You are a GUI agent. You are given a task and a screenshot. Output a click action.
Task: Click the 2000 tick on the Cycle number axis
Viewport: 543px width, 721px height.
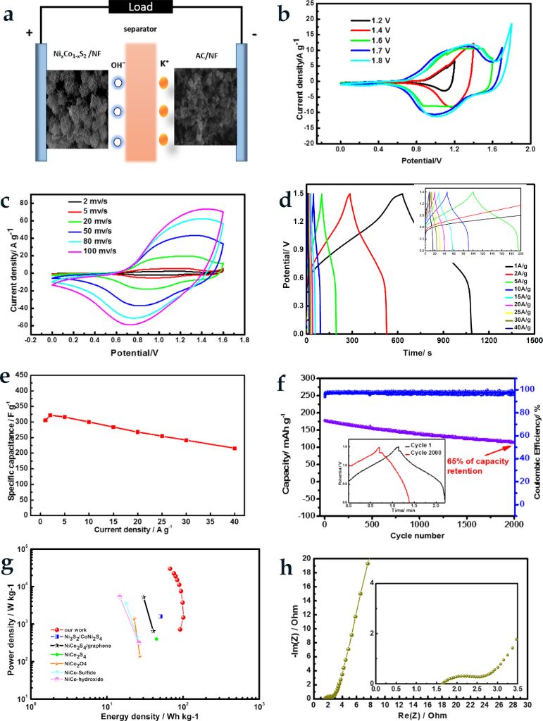513,525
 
